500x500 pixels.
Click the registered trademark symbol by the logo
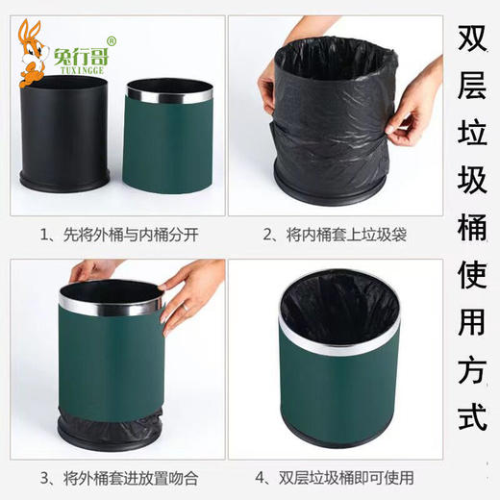click(111, 41)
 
